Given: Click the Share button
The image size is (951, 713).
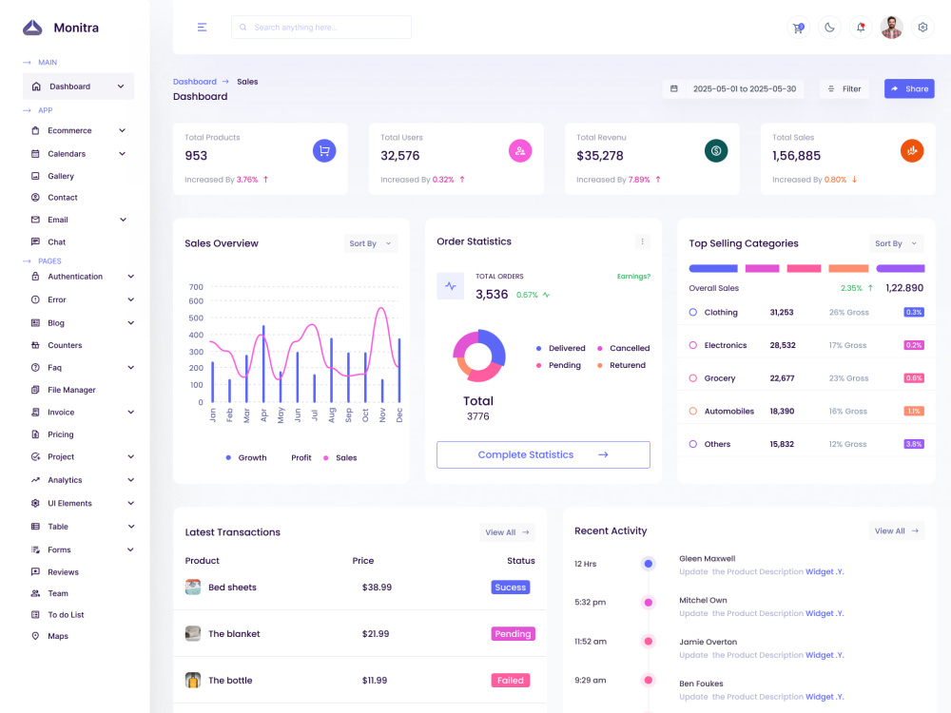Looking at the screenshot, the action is [908, 88].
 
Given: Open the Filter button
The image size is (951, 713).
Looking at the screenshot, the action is [844, 88].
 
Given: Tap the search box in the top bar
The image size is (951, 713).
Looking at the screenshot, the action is [320, 28].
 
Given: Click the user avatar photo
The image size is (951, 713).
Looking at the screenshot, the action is [891, 28].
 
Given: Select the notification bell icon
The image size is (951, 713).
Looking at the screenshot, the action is [861, 28].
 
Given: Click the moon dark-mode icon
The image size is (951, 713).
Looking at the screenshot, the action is [829, 28].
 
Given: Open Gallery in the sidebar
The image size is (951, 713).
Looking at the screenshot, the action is [61, 176].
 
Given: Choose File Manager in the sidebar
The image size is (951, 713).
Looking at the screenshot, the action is [71, 390].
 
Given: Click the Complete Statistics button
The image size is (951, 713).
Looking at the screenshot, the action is [543, 454].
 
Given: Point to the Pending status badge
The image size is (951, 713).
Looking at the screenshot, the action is [513, 633].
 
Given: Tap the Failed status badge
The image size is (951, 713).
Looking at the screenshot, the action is [510, 681].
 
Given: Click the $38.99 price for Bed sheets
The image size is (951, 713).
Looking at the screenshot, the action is [377, 587].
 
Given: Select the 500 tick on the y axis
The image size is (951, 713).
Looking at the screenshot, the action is [196, 318].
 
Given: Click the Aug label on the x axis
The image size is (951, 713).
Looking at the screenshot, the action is [331, 414].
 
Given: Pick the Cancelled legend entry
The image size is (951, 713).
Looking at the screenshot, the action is [624, 348].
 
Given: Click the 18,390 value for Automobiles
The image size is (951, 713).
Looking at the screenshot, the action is [782, 411].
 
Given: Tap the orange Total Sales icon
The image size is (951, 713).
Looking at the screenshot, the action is [912, 150].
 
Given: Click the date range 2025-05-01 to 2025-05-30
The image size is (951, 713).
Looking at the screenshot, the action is [745, 88].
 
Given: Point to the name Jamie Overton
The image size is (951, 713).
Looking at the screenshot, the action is [708, 642].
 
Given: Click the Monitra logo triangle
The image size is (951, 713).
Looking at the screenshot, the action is [32, 28].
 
